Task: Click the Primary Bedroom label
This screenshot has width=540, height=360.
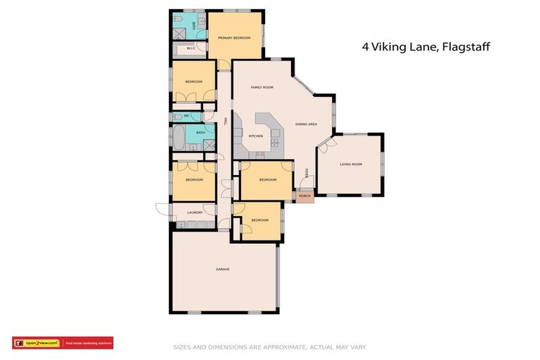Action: pyautogui.click(x=234, y=37)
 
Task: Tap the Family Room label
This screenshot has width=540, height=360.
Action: pyautogui.click(x=262, y=87)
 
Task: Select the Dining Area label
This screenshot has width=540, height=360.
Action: pyautogui.click(x=306, y=124)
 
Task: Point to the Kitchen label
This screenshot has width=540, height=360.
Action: pyautogui.click(x=255, y=136)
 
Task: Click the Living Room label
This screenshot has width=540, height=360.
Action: pyautogui.click(x=350, y=164)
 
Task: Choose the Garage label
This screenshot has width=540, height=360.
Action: pyautogui.click(x=222, y=269)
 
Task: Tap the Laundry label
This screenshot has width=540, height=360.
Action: pyautogui.click(x=195, y=212)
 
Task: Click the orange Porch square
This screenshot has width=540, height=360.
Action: pyautogui.click(x=304, y=196)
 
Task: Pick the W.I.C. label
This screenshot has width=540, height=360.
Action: pyautogui.click(x=191, y=49)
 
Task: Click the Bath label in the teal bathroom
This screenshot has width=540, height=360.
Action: pyautogui.click(x=200, y=132)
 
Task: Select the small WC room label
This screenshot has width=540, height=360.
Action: pyautogui.click(x=187, y=115)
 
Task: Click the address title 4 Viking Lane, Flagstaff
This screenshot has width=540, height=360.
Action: pyautogui.click(x=425, y=47)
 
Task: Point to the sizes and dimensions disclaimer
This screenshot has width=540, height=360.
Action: pyautogui.click(x=270, y=347)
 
